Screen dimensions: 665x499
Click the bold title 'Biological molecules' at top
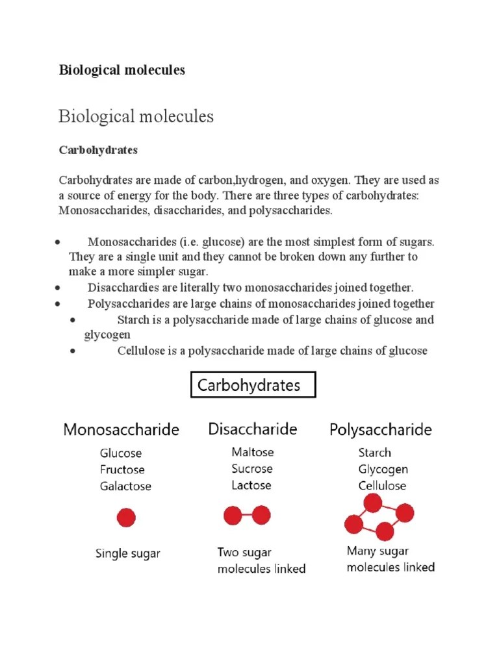122,70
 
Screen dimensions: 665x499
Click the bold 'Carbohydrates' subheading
98,150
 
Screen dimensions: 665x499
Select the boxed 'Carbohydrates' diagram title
253,385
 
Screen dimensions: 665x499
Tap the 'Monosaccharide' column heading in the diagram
121,430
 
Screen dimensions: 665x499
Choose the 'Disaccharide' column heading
253,429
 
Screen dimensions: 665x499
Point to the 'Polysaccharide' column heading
380,430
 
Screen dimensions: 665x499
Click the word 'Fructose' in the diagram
122,470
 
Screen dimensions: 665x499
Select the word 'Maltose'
253,452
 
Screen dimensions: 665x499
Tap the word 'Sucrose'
252,469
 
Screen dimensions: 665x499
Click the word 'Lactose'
251,485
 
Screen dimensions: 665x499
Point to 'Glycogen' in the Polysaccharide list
383,469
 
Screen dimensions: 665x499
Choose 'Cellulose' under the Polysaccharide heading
382,485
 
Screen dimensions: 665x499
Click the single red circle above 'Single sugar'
126,518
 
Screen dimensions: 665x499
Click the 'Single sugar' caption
128,554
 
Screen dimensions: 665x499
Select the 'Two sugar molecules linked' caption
261,560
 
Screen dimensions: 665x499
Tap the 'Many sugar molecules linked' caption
390,559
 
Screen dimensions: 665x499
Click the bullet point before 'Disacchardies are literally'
58,288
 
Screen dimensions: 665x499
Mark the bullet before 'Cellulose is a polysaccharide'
73,351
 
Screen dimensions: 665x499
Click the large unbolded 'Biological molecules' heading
136,117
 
